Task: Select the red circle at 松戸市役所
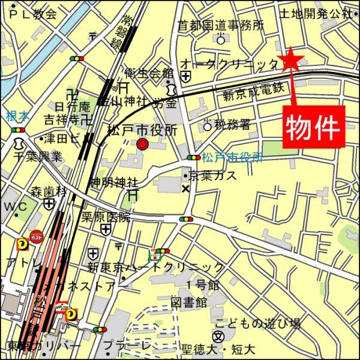[143, 144]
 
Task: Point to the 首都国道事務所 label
[220, 26]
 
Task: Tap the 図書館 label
[188, 301]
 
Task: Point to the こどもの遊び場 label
[257, 323]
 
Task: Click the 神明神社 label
[114, 182]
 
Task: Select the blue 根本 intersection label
[17, 116]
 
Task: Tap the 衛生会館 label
[149, 73]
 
